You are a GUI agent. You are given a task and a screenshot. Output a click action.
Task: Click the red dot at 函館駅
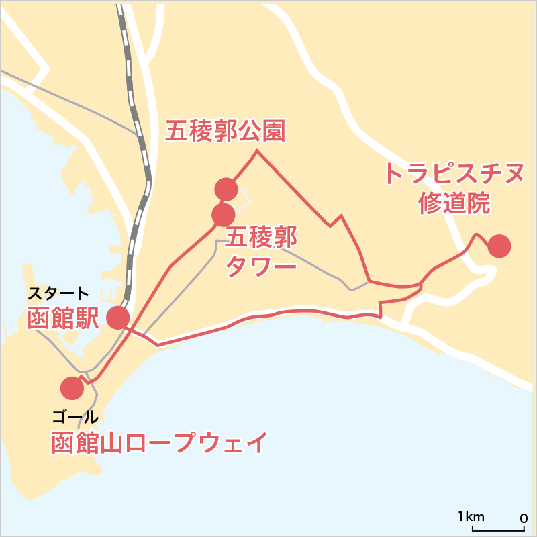pyautogui.click(x=118, y=318)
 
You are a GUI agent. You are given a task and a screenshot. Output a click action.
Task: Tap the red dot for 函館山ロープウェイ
pyautogui.click(x=72, y=388)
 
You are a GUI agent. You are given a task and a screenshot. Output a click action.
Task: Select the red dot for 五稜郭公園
pyautogui.click(x=226, y=189)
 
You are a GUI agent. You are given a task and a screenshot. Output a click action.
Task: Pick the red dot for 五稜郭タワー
pyautogui.click(x=223, y=215)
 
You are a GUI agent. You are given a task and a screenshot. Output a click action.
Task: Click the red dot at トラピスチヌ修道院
pyautogui.click(x=499, y=246)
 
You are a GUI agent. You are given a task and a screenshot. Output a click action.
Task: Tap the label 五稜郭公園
pyautogui.click(x=226, y=132)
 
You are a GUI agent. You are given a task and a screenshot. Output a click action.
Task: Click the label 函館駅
pyautogui.click(x=62, y=318)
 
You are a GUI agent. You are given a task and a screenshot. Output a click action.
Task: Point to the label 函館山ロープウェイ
pyautogui.click(x=160, y=444)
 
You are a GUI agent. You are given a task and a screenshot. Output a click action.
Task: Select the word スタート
pyautogui.click(x=58, y=293)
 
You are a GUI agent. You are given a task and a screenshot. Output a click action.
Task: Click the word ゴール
pyautogui.click(x=75, y=417)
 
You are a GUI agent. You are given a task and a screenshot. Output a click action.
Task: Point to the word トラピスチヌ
pyautogui.click(x=454, y=173)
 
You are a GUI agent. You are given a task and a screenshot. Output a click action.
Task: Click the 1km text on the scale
pyautogui.click(x=471, y=516)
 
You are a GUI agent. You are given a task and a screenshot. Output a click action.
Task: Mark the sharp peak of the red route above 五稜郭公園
pyautogui.click(x=256, y=151)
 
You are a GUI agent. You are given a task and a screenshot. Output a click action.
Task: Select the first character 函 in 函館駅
pyautogui.click(x=38, y=318)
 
